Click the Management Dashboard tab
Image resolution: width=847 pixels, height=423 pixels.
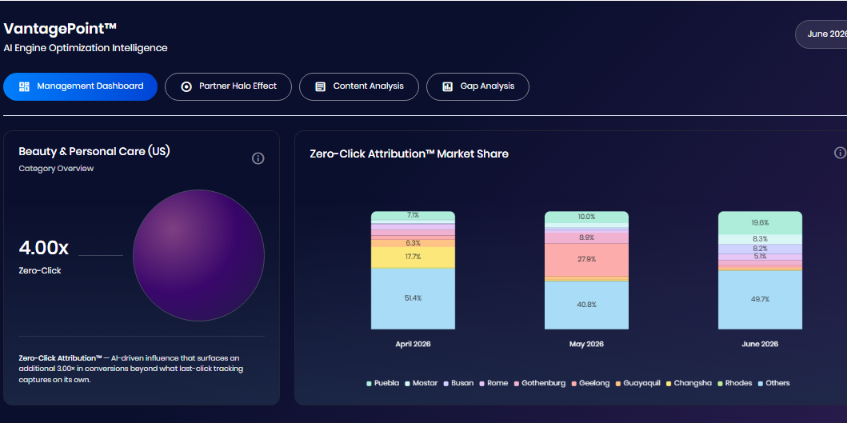pos(81,86)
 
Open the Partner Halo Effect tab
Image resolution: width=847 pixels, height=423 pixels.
pos(228,86)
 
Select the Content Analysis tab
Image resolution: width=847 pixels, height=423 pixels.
pos(358,86)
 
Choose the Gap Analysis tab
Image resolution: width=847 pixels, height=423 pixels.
pos(477,86)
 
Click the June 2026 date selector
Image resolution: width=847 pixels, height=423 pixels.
pos(821,34)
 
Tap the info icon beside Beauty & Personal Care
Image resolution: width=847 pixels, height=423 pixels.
pos(258,158)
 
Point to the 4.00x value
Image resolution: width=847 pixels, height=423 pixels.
pos(44,248)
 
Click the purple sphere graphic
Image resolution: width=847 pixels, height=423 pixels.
pos(199,256)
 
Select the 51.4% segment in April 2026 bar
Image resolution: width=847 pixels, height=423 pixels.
pos(413,298)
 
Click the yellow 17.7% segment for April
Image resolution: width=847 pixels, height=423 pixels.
pos(413,257)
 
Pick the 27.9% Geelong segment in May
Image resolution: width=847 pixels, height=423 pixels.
pos(586,259)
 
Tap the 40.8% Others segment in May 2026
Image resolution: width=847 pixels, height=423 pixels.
pos(586,305)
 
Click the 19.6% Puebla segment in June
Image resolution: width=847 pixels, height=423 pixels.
pos(760,222)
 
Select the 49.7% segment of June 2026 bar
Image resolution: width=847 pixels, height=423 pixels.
pos(760,299)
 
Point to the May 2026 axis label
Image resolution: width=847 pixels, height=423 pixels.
pos(586,344)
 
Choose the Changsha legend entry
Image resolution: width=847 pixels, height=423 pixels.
pos(689,383)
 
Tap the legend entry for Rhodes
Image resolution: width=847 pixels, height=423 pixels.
pos(734,383)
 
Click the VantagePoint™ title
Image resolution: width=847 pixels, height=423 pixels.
pos(60,29)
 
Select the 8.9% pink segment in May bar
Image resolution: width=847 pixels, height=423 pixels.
pos(586,237)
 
